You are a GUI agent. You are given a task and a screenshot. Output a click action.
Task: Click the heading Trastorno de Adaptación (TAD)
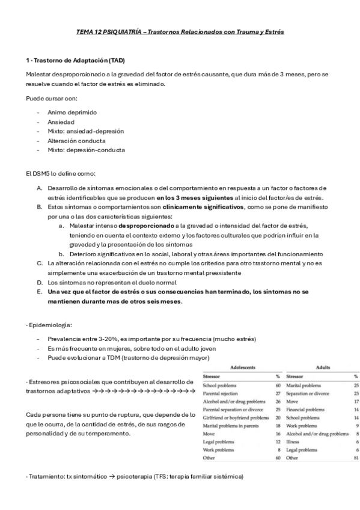point(78,61)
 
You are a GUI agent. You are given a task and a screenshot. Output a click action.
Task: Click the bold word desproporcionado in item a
point(145,225)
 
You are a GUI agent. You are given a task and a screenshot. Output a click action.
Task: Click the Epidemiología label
point(50,325)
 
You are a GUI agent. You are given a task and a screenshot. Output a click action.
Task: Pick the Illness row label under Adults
point(293,441)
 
